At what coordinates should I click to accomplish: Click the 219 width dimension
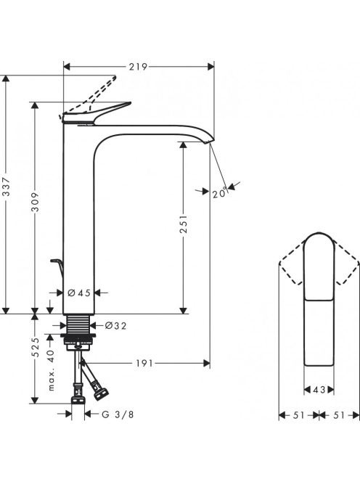coord(138,66)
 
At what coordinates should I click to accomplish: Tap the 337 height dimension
coord(6,187)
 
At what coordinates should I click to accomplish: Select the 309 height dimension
coord(36,202)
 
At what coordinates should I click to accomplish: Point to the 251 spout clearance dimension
coord(184,224)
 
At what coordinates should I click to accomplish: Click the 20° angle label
coord(220,193)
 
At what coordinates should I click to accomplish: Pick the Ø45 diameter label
coord(79,293)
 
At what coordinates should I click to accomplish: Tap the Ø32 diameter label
coord(115,325)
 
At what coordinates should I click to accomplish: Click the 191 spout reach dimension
coord(144,364)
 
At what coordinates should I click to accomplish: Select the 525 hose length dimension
coord(36,348)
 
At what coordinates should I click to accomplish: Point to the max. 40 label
coord(51,370)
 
